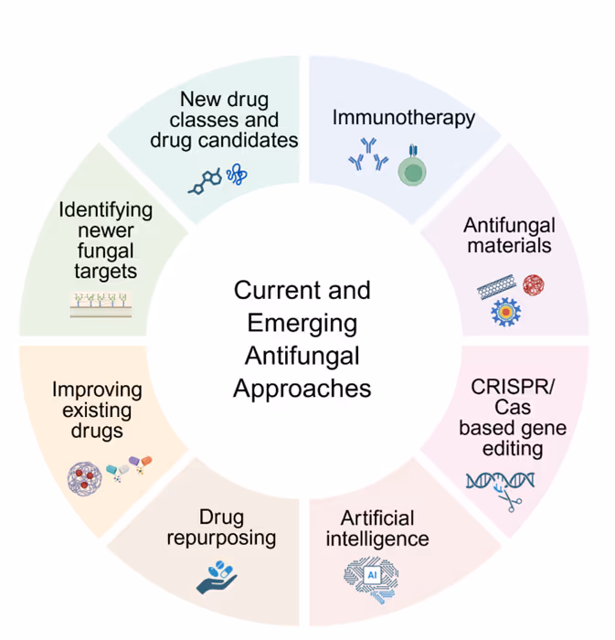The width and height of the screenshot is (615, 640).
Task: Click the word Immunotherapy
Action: [403, 118]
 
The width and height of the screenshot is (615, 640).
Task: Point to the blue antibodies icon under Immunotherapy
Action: [366, 156]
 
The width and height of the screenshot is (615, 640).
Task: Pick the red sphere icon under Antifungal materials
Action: [533, 284]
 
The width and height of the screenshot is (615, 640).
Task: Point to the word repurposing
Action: [220, 537]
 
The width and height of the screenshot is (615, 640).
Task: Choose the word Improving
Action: [97, 389]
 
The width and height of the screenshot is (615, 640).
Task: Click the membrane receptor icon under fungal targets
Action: [102, 304]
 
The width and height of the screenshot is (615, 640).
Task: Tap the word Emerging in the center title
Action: [302, 323]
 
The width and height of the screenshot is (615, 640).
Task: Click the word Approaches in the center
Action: [302, 388]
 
